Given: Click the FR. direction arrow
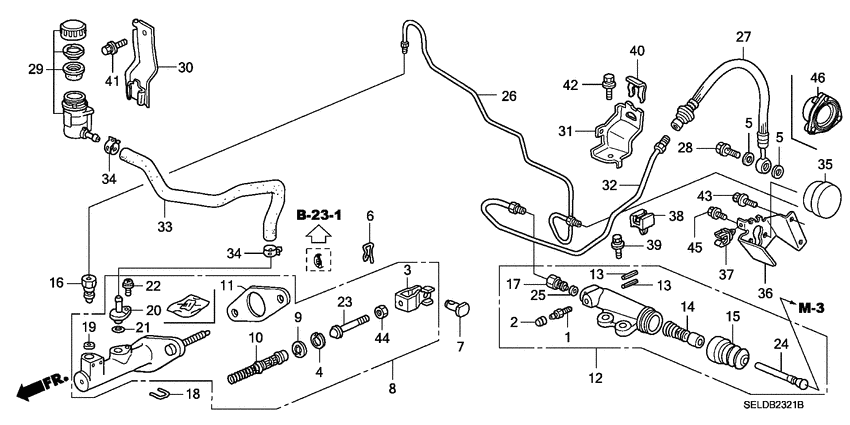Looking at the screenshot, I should (36, 381).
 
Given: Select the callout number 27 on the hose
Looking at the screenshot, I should (741, 38).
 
